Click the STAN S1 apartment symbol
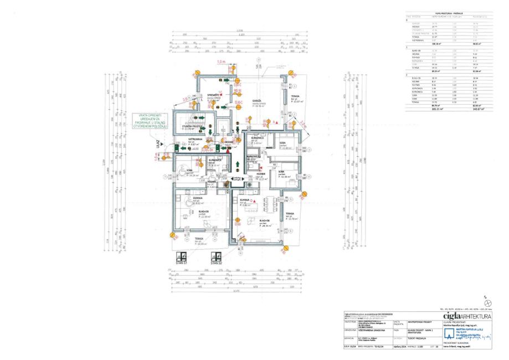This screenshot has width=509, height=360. [181, 259]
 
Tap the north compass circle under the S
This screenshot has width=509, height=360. [488, 303]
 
